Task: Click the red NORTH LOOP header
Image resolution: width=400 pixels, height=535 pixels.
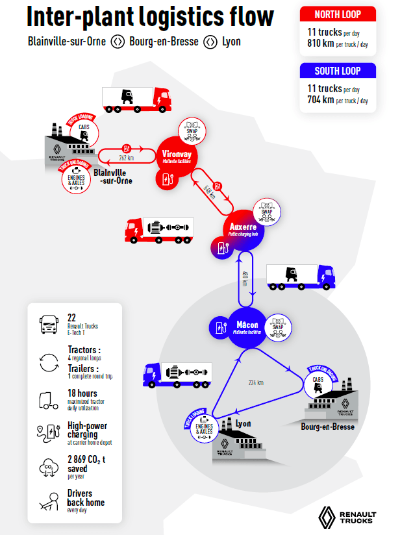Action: click(x=338, y=14)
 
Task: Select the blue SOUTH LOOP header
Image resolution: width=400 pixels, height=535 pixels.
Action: click(x=338, y=71)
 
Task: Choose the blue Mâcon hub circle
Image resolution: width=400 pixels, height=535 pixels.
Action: click(x=247, y=327)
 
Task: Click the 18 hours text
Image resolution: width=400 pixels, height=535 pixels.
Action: click(x=82, y=393)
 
